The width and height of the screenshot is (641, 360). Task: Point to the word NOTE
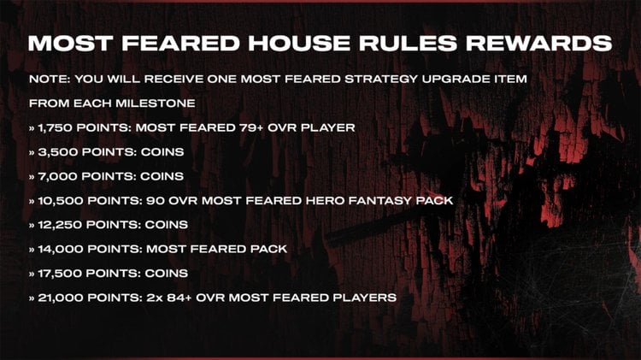[x=49, y=79]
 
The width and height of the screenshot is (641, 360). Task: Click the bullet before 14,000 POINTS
[x=32, y=250]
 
